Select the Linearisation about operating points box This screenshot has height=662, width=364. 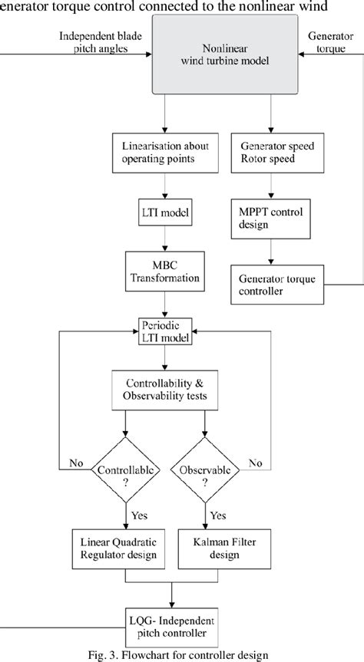click(x=164, y=152)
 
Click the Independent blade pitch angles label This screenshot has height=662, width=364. click(x=94, y=42)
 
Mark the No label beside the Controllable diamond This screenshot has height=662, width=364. click(x=75, y=463)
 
